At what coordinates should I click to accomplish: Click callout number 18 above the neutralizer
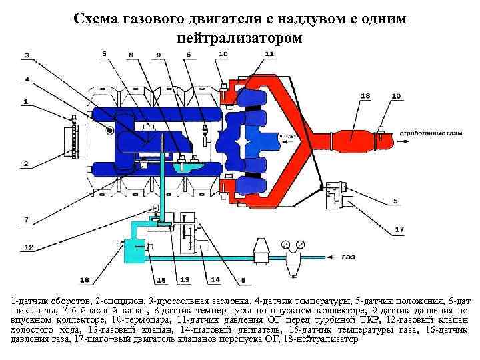(x=365, y=96)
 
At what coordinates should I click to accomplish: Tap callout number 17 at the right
(x=399, y=229)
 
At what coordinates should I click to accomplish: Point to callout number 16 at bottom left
(x=84, y=279)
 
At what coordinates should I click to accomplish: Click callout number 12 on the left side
(x=29, y=247)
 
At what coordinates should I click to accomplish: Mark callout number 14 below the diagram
(x=215, y=279)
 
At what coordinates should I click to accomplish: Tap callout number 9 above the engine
(x=158, y=54)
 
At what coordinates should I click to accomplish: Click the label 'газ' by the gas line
(x=349, y=257)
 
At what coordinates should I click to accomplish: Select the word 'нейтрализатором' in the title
(x=239, y=39)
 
